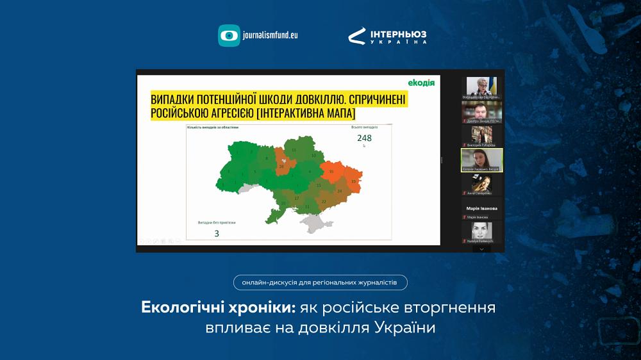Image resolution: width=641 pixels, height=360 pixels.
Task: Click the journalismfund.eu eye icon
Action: point(229,35)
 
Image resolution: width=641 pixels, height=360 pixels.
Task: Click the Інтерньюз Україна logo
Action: point(387,36)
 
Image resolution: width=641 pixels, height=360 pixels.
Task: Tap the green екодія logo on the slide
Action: point(421,82)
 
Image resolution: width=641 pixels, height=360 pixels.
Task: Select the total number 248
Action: point(365,138)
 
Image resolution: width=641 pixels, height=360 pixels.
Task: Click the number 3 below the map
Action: point(217,234)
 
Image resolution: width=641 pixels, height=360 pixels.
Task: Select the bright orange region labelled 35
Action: point(331,172)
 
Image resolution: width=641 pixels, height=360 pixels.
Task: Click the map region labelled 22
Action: point(324,201)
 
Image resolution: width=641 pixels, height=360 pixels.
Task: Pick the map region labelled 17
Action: point(296,198)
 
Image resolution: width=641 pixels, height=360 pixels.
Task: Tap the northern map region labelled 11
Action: point(294,150)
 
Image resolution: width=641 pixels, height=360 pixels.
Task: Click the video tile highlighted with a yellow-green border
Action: point(481,160)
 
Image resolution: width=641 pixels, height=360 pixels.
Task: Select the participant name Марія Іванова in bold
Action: point(481,208)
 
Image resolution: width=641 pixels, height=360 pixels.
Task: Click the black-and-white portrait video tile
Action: point(481,231)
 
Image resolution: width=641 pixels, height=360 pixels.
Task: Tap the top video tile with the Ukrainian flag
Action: point(481,87)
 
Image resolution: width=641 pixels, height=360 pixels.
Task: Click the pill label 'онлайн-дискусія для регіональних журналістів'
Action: point(320,282)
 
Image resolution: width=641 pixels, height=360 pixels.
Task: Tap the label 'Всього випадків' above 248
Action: point(364,127)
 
